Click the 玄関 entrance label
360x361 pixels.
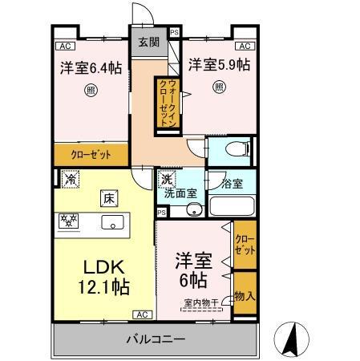(148, 43)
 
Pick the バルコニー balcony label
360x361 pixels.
(156, 339)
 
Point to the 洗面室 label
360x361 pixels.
(180, 193)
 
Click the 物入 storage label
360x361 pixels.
(245, 296)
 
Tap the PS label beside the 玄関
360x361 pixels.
(174, 34)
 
